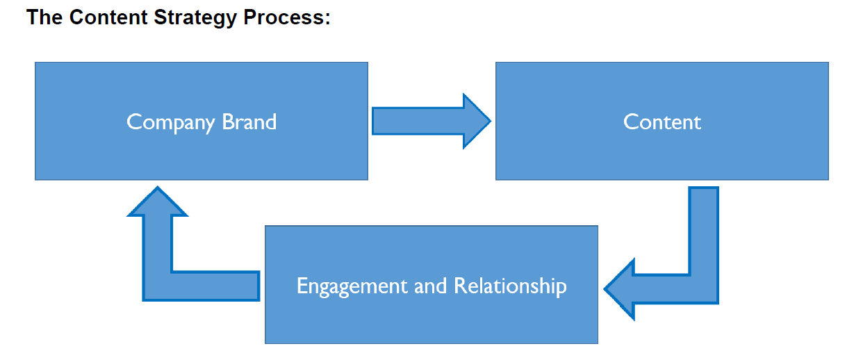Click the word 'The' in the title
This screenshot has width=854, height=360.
click(44, 17)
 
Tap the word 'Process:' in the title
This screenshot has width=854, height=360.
click(287, 17)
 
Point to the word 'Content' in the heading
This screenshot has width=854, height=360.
click(108, 17)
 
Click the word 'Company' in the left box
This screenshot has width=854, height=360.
click(171, 123)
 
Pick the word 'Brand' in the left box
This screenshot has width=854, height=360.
click(249, 122)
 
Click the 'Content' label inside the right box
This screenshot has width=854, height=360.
click(662, 122)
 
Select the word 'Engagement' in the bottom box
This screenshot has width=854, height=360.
click(352, 287)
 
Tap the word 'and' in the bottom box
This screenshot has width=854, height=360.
click(430, 286)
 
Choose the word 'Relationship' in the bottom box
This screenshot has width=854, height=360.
click(510, 287)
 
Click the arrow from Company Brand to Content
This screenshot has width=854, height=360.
click(432, 121)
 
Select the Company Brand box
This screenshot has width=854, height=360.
click(202, 121)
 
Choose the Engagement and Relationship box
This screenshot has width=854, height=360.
click(432, 284)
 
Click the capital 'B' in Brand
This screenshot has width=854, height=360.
click(229, 122)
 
